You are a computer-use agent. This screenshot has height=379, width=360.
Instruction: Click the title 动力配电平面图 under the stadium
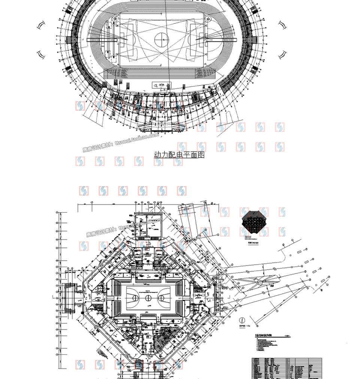pos(179,155)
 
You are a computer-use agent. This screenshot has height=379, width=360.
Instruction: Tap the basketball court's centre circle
pos(148,298)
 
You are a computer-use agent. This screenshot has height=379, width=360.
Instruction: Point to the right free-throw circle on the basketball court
pos(162,298)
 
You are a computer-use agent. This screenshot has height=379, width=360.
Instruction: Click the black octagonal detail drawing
pos(254,222)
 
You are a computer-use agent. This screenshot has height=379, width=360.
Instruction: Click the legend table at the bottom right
pos(287,368)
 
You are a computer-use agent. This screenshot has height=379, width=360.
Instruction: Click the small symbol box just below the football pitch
pos(161,85)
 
